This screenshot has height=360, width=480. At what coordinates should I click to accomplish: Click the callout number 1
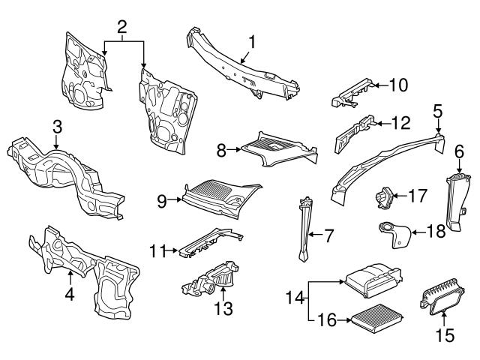point(252,43)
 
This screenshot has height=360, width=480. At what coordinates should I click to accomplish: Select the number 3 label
point(57,127)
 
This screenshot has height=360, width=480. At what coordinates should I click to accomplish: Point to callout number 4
point(69,295)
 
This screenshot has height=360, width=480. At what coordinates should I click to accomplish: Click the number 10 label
point(397,85)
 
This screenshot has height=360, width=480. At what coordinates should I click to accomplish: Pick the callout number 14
point(294,298)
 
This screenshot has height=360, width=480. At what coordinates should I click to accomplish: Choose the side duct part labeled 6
point(455,201)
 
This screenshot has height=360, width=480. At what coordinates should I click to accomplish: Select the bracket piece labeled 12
point(353,132)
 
